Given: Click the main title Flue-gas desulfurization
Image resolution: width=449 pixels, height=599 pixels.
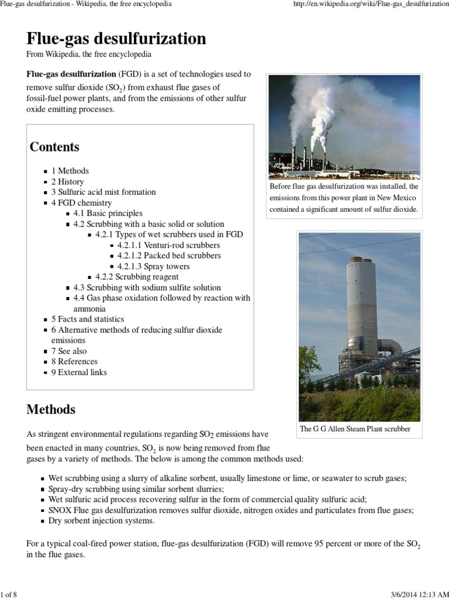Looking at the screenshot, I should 116,39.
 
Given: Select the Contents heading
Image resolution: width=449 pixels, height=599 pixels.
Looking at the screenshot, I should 54,146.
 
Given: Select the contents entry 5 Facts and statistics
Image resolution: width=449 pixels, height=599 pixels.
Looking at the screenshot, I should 88,319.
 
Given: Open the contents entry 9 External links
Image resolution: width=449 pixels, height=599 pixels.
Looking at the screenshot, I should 79,372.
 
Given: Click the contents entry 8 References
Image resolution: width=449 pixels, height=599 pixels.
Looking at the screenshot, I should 74,362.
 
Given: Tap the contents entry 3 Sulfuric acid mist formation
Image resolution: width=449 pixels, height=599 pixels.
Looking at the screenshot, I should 103,192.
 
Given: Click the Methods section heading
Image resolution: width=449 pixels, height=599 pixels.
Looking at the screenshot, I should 51,409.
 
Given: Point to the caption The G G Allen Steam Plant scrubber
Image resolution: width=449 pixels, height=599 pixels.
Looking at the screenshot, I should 355,429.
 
